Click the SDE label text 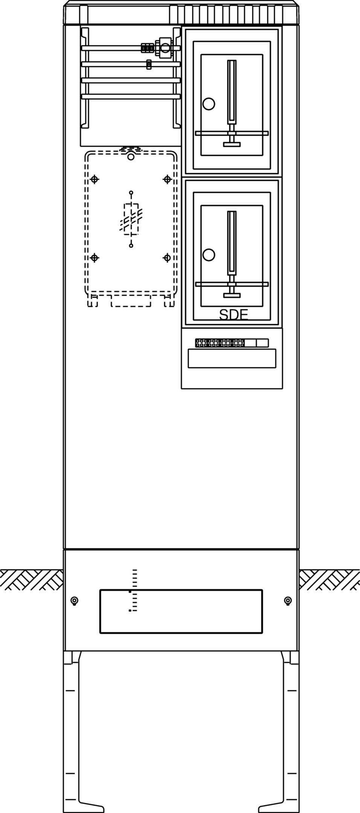(x=233, y=315)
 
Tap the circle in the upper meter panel (x=209, y=104)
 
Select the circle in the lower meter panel (x=209, y=255)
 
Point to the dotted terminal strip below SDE (x=220, y=343)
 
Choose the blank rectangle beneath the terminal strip (x=232, y=358)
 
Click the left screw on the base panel (x=75, y=600)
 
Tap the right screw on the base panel (x=288, y=600)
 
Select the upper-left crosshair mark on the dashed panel (x=95, y=179)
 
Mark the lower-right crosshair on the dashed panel (x=167, y=258)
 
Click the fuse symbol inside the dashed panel (x=131, y=219)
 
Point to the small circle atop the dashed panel (x=131, y=157)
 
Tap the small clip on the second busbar (x=149, y=64)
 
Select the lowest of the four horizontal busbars (x=131, y=96)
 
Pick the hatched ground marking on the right (x=329, y=580)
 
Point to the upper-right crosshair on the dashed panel (x=167, y=179)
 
